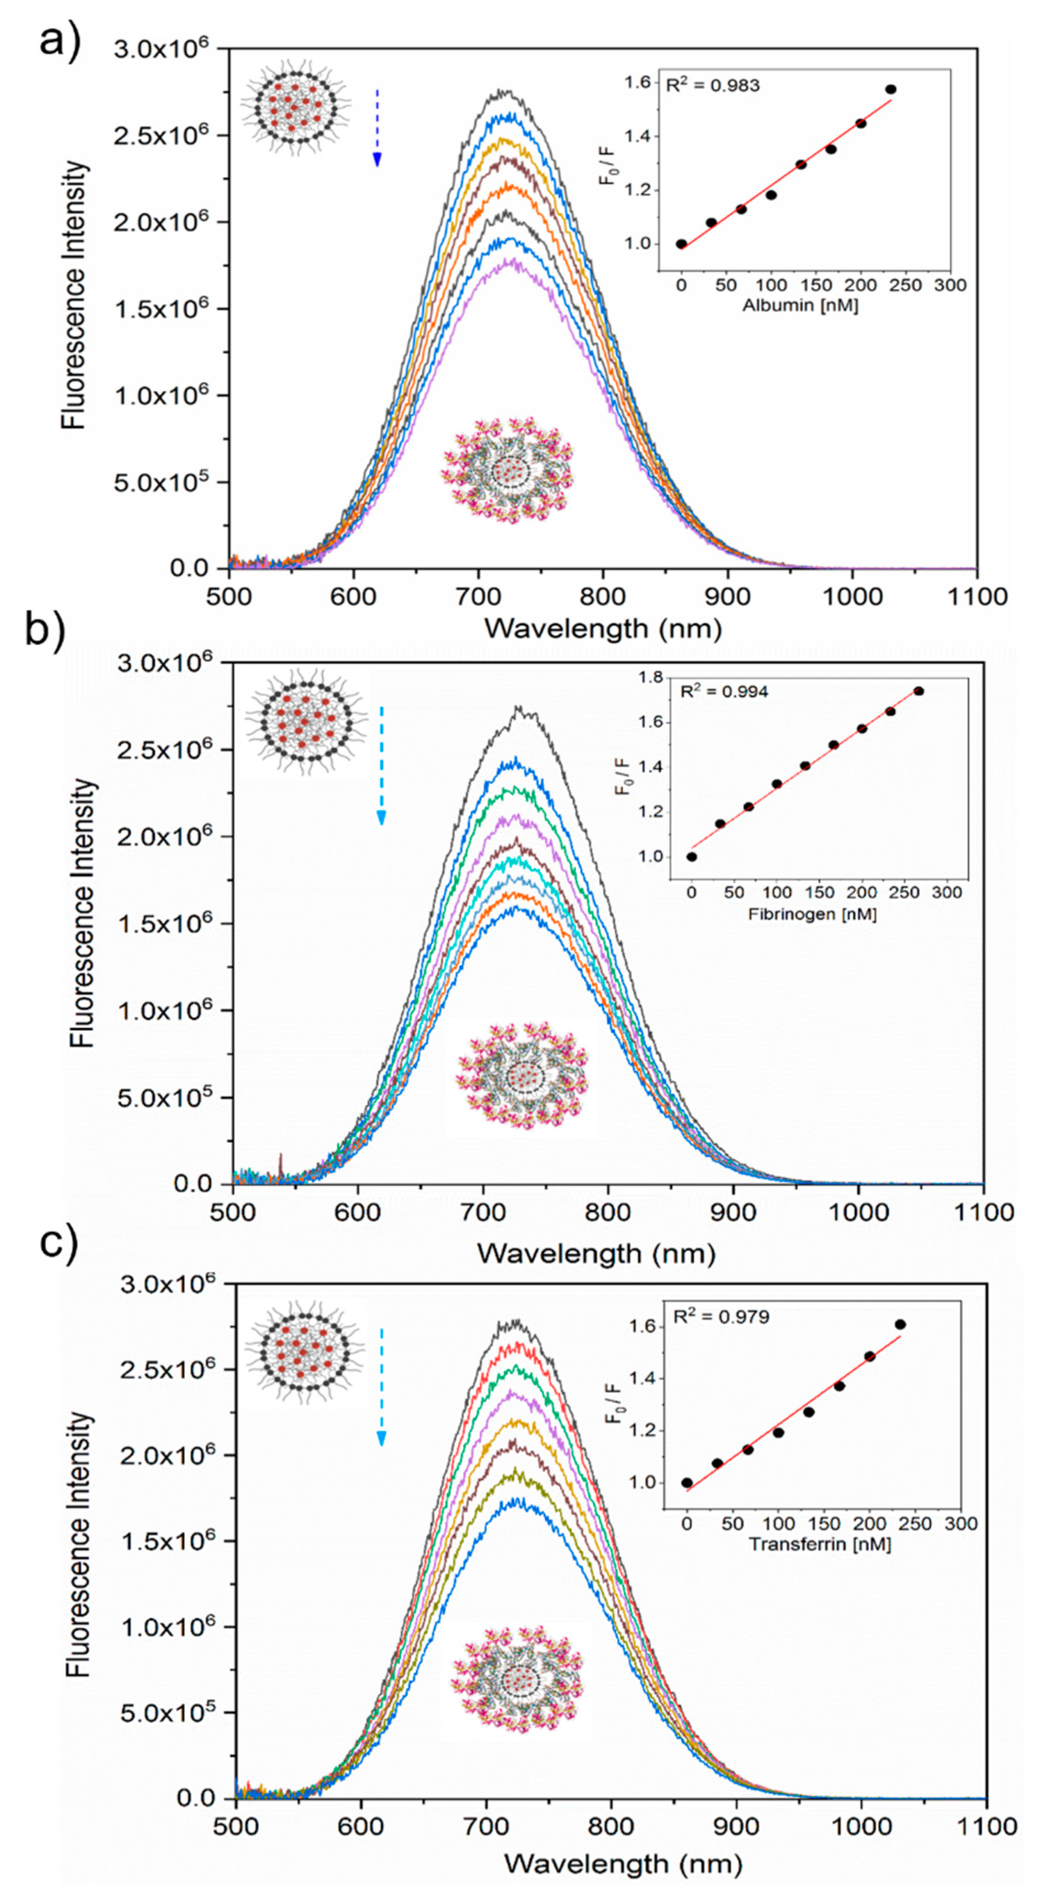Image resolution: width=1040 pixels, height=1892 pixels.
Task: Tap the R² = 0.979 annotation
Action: point(721,1316)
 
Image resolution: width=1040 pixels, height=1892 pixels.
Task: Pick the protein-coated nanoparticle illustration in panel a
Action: point(507,471)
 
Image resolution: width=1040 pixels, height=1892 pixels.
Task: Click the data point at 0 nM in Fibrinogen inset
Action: point(692,856)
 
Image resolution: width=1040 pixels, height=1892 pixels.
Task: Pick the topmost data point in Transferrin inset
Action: point(900,1324)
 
